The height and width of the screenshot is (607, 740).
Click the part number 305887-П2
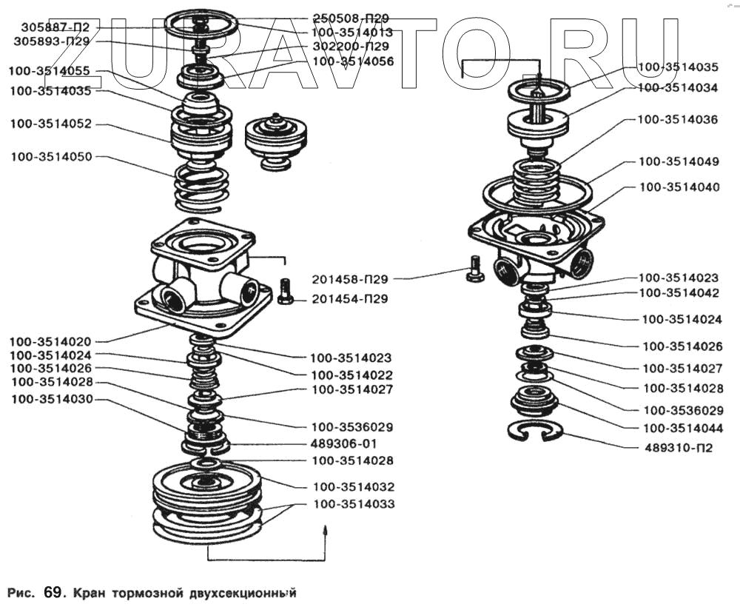coord(55,27)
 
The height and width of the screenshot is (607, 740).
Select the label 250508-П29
coord(351,18)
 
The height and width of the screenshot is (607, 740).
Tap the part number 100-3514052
coord(51,124)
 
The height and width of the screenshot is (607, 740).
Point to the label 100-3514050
coord(51,158)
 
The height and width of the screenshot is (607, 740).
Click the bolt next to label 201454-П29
coord(285,290)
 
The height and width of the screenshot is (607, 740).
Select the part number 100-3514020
coord(51,342)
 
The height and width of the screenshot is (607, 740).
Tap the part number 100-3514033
coord(354,504)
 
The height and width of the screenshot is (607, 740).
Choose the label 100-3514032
coord(354,487)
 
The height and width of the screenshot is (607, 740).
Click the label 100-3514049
coord(678,161)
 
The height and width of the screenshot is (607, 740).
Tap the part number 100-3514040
coord(678,187)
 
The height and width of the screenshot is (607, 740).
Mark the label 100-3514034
coord(677,87)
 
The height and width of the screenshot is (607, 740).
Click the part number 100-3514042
coord(679,293)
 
